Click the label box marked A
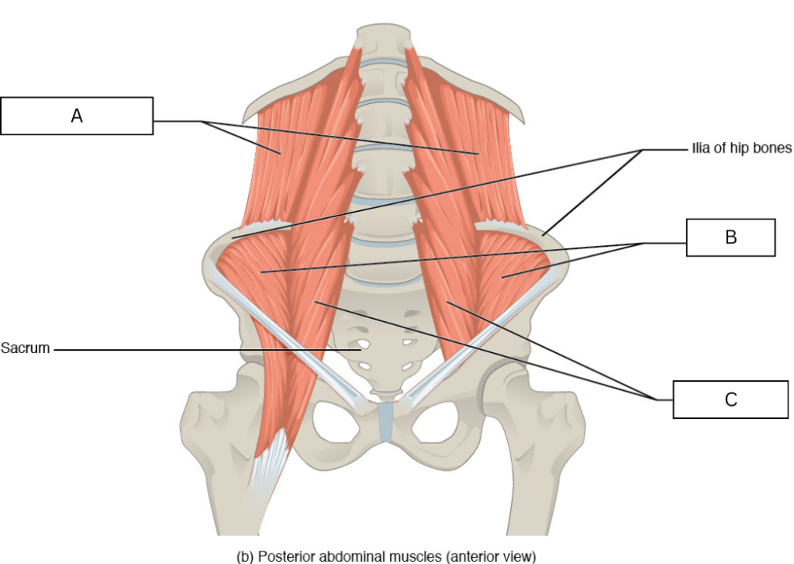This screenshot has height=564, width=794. [x=77, y=116]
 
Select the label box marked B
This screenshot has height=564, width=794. [x=730, y=237]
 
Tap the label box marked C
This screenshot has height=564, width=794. [x=730, y=400]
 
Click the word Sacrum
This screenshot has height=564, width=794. [x=26, y=348]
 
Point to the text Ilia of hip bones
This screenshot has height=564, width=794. [x=741, y=148]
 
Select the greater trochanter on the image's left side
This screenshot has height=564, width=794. [x=199, y=421]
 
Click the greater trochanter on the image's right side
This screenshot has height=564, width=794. [x=567, y=420]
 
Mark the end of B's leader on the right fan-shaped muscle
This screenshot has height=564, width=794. [x=502, y=277]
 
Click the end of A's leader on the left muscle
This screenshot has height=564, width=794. [x=279, y=153]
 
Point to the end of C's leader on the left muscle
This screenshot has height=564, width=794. [x=315, y=302]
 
